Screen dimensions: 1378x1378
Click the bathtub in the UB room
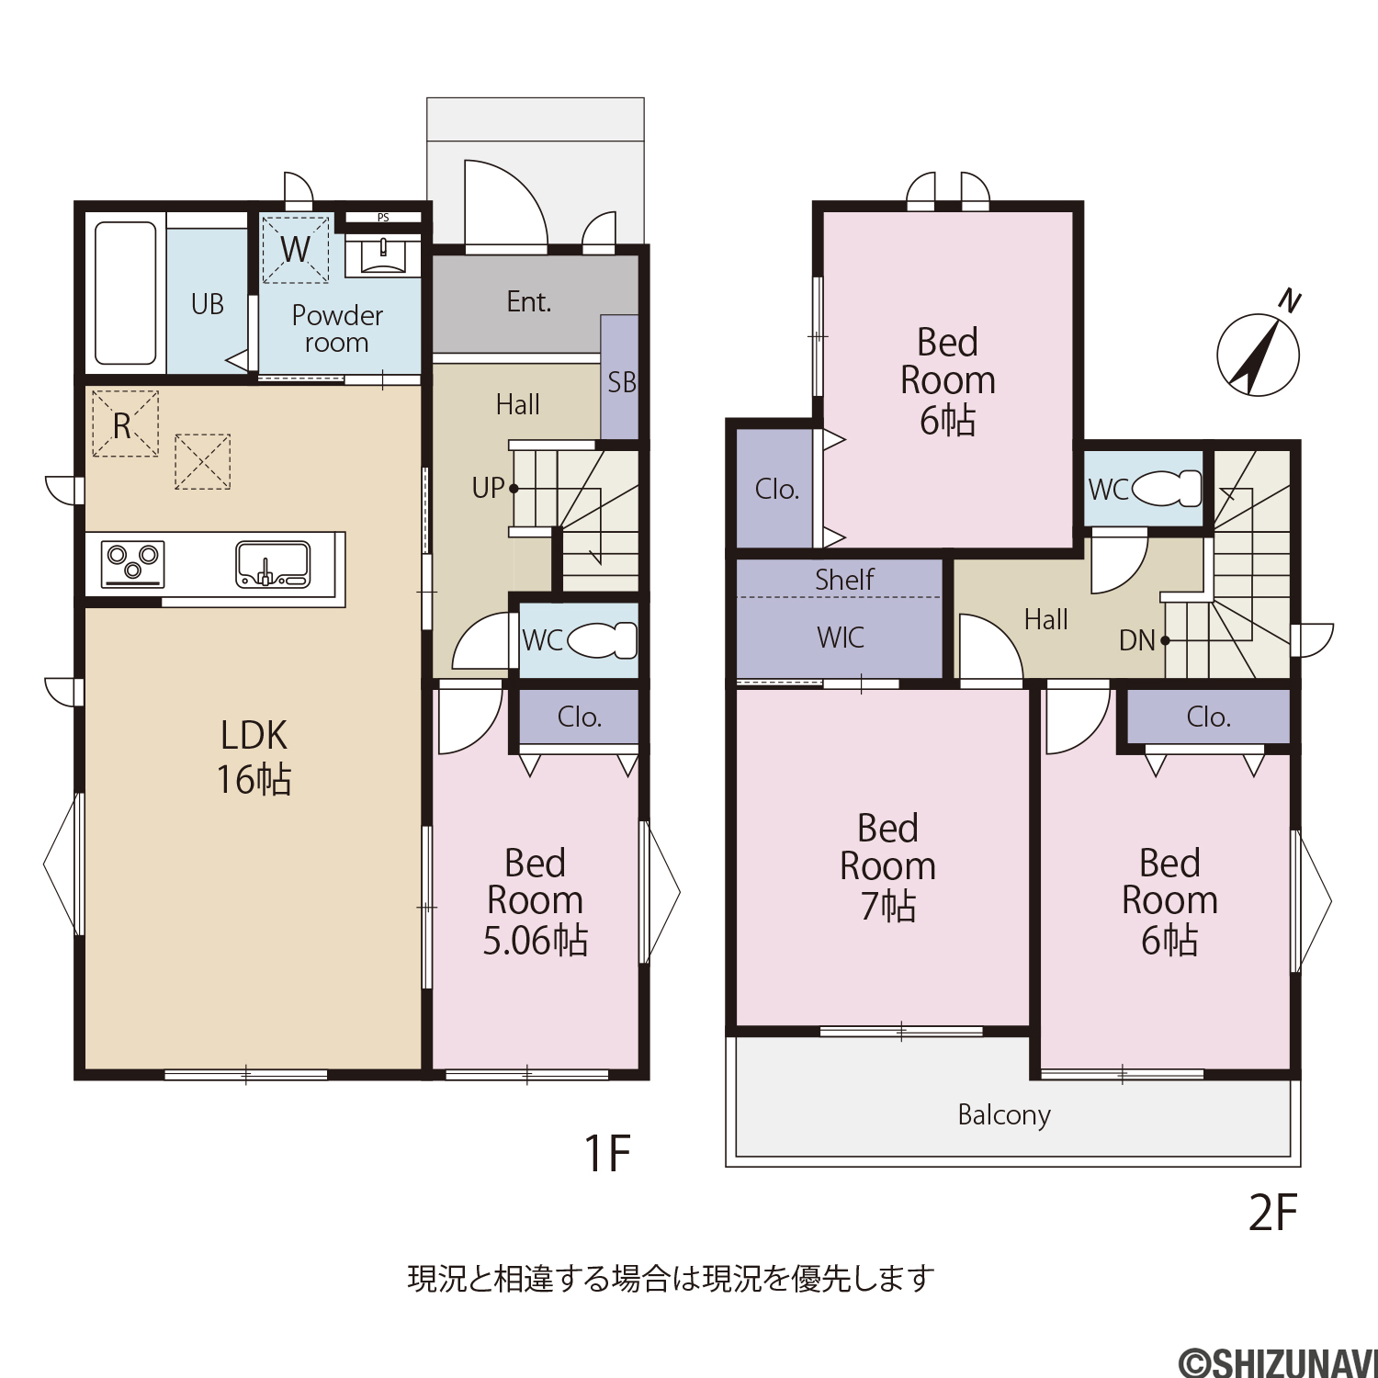coord(126,293)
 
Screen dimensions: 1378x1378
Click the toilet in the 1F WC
coord(603,640)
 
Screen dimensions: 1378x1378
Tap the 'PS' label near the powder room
coord(383,218)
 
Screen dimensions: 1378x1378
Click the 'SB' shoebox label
coord(621,382)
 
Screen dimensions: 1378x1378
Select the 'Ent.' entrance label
coord(529,301)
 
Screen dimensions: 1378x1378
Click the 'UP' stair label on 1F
coord(488,488)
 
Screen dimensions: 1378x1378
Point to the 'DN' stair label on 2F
coord(1136,640)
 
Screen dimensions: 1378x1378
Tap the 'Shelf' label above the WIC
coord(844,580)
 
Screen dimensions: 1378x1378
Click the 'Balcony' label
coord(1004,1115)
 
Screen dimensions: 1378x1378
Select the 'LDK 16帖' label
coord(254,757)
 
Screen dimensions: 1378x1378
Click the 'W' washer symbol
coord(295,249)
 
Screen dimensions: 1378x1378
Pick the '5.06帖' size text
coord(536,941)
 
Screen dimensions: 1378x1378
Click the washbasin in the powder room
coord(382,254)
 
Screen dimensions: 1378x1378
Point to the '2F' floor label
coord(1272,1213)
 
